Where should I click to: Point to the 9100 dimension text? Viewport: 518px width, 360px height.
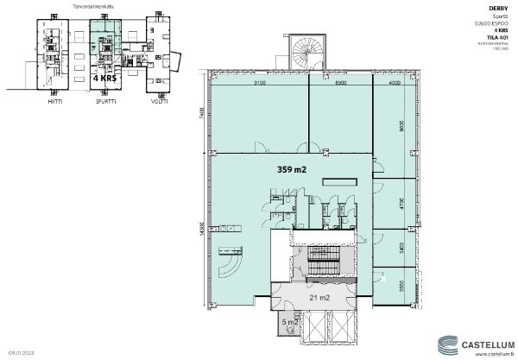click(x=260, y=84)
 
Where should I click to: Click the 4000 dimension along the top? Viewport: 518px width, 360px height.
click(x=395, y=84)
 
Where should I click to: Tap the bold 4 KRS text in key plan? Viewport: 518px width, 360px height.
click(x=105, y=77)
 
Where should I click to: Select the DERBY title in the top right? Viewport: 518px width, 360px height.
click(x=499, y=7)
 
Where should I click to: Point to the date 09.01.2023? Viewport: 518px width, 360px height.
click(x=22, y=353)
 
